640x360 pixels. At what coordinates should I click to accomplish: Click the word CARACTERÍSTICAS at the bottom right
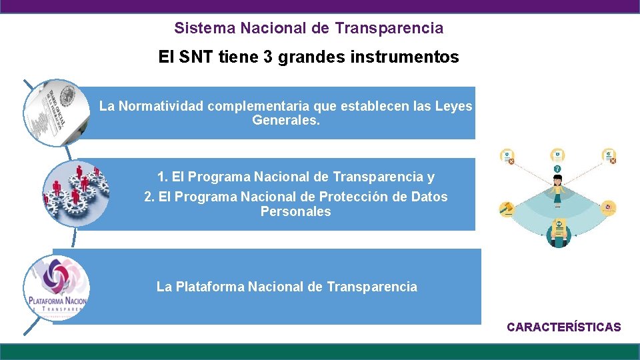(x=563, y=327)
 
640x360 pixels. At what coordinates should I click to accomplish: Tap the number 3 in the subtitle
(x=268, y=57)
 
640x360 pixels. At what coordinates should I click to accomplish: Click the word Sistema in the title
(x=197, y=29)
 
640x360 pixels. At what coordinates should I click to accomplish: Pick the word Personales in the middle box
(x=295, y=211)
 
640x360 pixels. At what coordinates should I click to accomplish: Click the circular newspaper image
(x=55, y=113)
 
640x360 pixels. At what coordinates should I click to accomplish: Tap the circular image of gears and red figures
(x=73, y=193)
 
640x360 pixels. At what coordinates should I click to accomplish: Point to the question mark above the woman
(x=557, y=169)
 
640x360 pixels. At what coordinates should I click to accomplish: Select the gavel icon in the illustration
(x=507, y=209)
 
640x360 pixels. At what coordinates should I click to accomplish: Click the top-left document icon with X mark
(x=507, y=156)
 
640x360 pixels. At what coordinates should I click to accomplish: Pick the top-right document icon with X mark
(x=609, y=156)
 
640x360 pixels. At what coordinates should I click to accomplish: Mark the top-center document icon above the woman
(x=557, y=155)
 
